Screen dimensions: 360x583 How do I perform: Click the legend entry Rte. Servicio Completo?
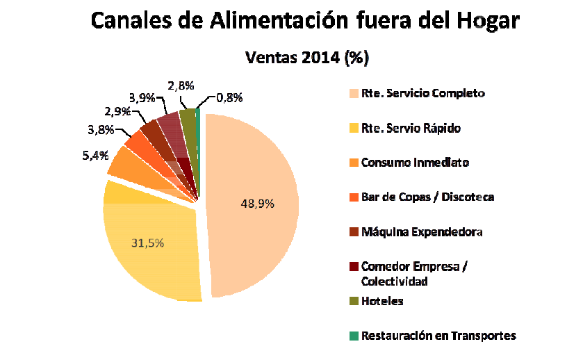(422, 93)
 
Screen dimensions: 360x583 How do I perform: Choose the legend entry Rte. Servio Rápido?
(411, 128)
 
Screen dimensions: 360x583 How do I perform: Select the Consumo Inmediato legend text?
(415, 163)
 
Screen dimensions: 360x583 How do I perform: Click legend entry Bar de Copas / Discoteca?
(427, 197)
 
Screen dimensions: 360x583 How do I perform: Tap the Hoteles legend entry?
(382, 301)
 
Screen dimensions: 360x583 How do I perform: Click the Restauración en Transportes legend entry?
(438, 336)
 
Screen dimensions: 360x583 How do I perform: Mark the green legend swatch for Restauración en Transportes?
(354, 336)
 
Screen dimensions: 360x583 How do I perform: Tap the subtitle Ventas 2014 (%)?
(306, 57)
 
